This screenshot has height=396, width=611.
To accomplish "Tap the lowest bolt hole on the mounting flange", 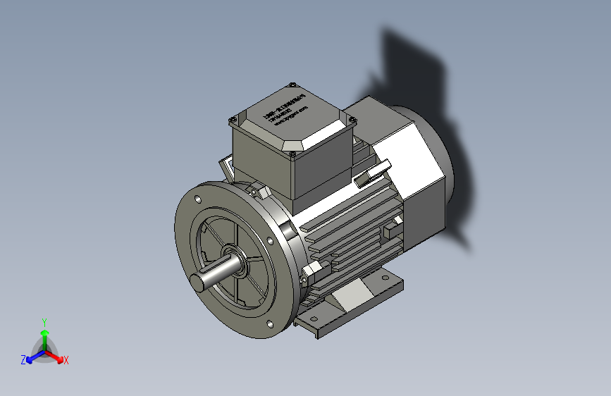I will pyautogui.click(x=271, y=324).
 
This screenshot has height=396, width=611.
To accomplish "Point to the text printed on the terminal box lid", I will pyautogui.click(x=285, y=113).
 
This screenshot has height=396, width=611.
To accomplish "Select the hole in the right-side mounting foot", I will pyautogui.click(x=385, y=279).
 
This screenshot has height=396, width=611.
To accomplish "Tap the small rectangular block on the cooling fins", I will pyautogui.click(x=392, y=229).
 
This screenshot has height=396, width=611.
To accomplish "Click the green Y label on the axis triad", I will pyautogui.click(x=44, y=321).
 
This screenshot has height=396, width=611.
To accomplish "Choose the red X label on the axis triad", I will pyautogui.click(x=66, y=361).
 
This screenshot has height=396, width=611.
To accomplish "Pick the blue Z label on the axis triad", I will pyautogui.click(x=23, y=360).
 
